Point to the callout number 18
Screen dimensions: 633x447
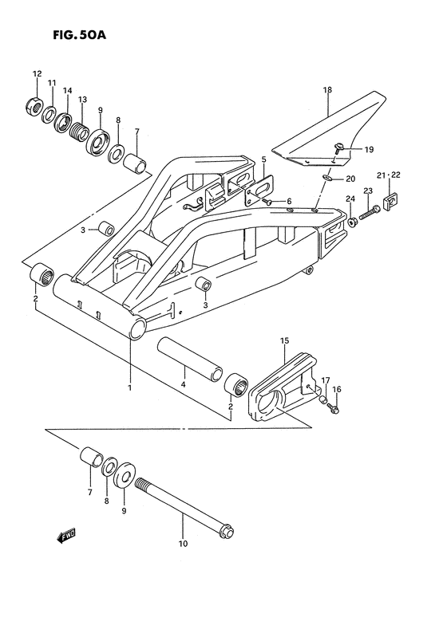coord(326,90)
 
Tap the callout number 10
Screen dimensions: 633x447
coord(183,545)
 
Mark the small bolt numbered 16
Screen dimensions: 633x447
coord(334,409)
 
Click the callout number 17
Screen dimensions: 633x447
coord(325,379)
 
